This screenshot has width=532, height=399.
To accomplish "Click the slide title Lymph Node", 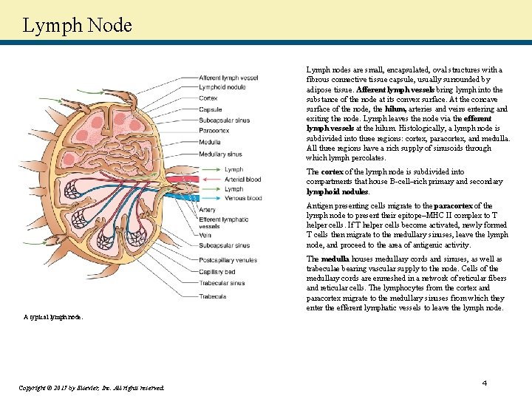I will tap(77, 25).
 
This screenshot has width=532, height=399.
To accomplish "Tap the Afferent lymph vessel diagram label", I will tap(228, 78).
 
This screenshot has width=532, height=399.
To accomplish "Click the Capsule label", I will tap(210, 109).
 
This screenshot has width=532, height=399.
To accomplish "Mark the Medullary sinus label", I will tap(220, 154).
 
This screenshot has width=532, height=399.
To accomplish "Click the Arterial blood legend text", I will tap(242, 180).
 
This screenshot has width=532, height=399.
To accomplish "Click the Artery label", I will tap(207, 211).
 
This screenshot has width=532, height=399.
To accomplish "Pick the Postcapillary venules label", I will tap(228, 260).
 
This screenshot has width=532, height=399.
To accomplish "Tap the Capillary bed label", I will tap(217, 271).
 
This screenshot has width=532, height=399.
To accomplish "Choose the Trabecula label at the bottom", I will tap(212, 296).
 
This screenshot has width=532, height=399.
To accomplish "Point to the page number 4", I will tap(485, 383).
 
